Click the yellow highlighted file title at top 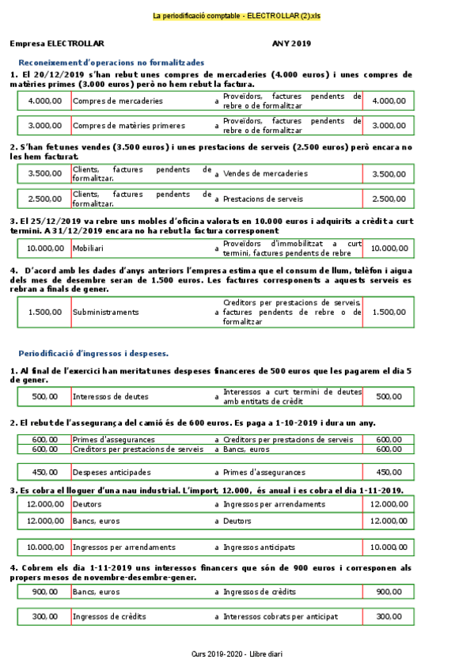(237, 16)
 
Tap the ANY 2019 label (291, 44)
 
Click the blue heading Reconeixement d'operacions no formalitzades (112, 62)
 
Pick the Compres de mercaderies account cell (118, 101)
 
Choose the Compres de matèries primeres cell (129, 125)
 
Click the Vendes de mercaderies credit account (265, 173)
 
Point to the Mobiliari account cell (89, 248)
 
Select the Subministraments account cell (105, 312)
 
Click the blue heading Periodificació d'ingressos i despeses (93, 353)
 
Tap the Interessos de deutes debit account (110, 396)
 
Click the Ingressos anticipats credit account (259, 547)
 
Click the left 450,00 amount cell (44, 472)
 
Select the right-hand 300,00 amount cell (389, 616)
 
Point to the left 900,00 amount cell (44, 591)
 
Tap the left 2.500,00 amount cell (44, 199)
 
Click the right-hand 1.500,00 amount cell (389, 312)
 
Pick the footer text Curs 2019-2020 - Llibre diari (237, 654)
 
